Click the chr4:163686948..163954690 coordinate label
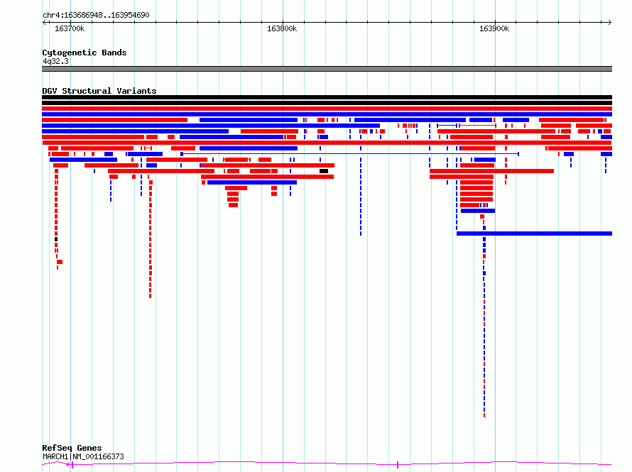click(96, 16)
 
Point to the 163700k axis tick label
click(70, 28)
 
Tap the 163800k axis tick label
click(282, 28)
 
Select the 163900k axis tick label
click(494, 28)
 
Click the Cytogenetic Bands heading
click(85, 53)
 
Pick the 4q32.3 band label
click(55, 62)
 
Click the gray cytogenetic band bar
click(327, 69)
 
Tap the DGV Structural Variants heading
click(99, 91)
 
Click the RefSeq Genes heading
click(72, 448)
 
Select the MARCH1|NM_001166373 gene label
click(83, 456)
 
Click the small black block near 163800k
click(324, 171)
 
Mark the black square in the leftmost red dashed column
click(56, 239)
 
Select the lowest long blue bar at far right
click(534, 234)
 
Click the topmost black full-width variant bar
click(327, 97)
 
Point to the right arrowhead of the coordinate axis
click(611, 23)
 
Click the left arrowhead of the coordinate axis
click(43, 23)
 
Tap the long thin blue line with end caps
click(350, 154)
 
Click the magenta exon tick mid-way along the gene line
click(398, 465)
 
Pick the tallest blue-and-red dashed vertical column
click(484, 316)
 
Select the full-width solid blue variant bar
click(327, 114)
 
